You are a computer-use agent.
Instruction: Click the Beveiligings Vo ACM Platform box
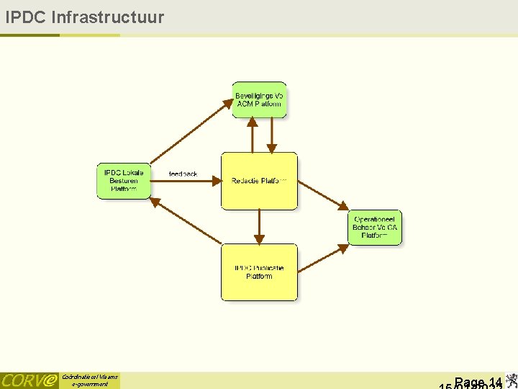point(260,100)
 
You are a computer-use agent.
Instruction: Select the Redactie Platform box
point(259,181)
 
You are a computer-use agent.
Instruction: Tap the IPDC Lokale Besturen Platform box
point(124,182)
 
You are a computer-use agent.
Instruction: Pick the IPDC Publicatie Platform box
point(259,272)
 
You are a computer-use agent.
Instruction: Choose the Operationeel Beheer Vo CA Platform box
point(374,228)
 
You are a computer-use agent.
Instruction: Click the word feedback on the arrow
point(183,174)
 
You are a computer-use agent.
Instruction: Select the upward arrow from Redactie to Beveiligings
point(253,135)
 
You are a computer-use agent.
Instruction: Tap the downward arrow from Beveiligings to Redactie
point(272,135)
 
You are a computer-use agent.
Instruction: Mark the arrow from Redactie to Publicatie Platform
point(260,227)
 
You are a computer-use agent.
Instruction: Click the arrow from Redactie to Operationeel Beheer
point(323,195)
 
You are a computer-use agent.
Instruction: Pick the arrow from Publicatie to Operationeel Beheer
point(323,259)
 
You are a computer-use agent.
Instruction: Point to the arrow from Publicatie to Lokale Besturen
point(188,223)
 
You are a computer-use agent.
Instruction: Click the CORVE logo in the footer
point(29,380)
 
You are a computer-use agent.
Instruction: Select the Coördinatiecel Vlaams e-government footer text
point(89,380)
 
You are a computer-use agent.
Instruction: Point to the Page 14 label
point(478,382)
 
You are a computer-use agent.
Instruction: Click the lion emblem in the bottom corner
point(510,380)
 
